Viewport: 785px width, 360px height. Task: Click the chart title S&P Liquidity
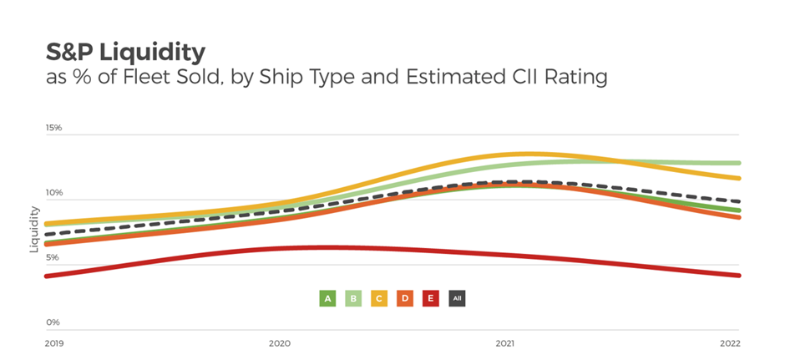click(x=125, y=52)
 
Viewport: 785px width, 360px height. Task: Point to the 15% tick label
click(x=54, y=128)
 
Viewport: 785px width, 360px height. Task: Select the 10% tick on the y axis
click(x=54, y=193)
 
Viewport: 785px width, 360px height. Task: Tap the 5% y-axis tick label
click(x=53, y=257)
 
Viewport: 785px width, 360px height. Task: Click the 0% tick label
click(x=53, y=322)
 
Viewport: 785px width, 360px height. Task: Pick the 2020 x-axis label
click(x=279, y=343)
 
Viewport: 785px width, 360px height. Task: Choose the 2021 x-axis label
click(x=504, y=343)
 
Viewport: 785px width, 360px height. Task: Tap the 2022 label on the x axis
click(x=729, y=343)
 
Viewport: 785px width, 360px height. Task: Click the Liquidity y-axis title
click(x=34, y=230)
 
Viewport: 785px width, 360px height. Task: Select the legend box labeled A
click(x=328, y=297)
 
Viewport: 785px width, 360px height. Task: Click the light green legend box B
click(x=353, y=297)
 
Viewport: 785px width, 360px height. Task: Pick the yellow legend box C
click(x=379, y=297)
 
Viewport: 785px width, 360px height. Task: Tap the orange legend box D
click(x=405, y=297)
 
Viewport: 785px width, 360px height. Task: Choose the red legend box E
click(x=431, y=297)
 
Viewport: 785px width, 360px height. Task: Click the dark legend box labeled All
click(x=457, y=297)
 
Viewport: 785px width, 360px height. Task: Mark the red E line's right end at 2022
click(x=738, y=275)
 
